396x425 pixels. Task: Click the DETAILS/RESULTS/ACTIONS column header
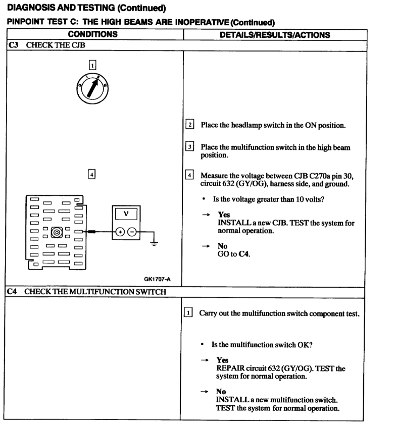coord(275,35)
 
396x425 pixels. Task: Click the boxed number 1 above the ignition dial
coord(92,64)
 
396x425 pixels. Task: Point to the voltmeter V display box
coord(126,213)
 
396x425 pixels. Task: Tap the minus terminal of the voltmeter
coord(133,232)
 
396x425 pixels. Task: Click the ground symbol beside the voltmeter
coord(154,244)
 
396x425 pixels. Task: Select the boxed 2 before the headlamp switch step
coord(190,125)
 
